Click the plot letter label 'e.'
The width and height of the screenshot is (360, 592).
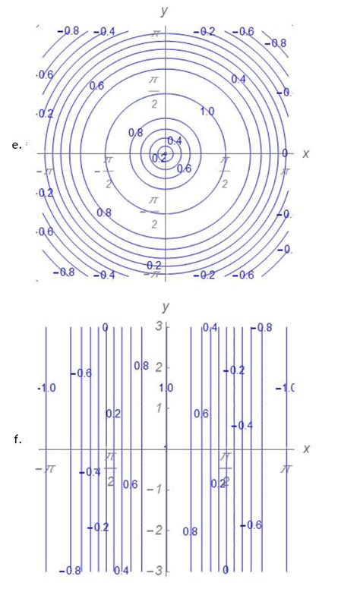coord(16,144)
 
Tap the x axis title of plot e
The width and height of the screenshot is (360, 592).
coord(305,153)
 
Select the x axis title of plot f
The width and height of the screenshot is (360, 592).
coord(305,449)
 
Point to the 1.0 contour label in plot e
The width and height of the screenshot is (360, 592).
coord(207,112)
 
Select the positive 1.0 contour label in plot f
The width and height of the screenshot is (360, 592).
coord(166,388)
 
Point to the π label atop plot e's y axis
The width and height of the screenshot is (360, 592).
coord(155,34)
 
